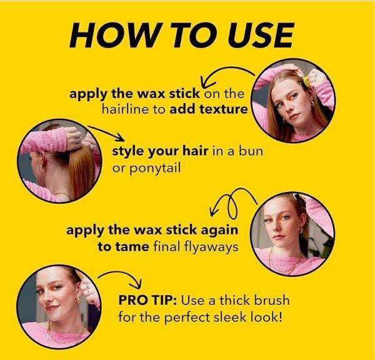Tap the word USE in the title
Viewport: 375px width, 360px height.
click(x=261, y=36)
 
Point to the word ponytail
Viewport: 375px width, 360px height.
click(x=146, y=169)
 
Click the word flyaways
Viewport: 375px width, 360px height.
click(x=211, y=247)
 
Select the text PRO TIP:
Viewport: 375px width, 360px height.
click(x=147, y=300)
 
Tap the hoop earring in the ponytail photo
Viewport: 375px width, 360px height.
click(x=42, y=168)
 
